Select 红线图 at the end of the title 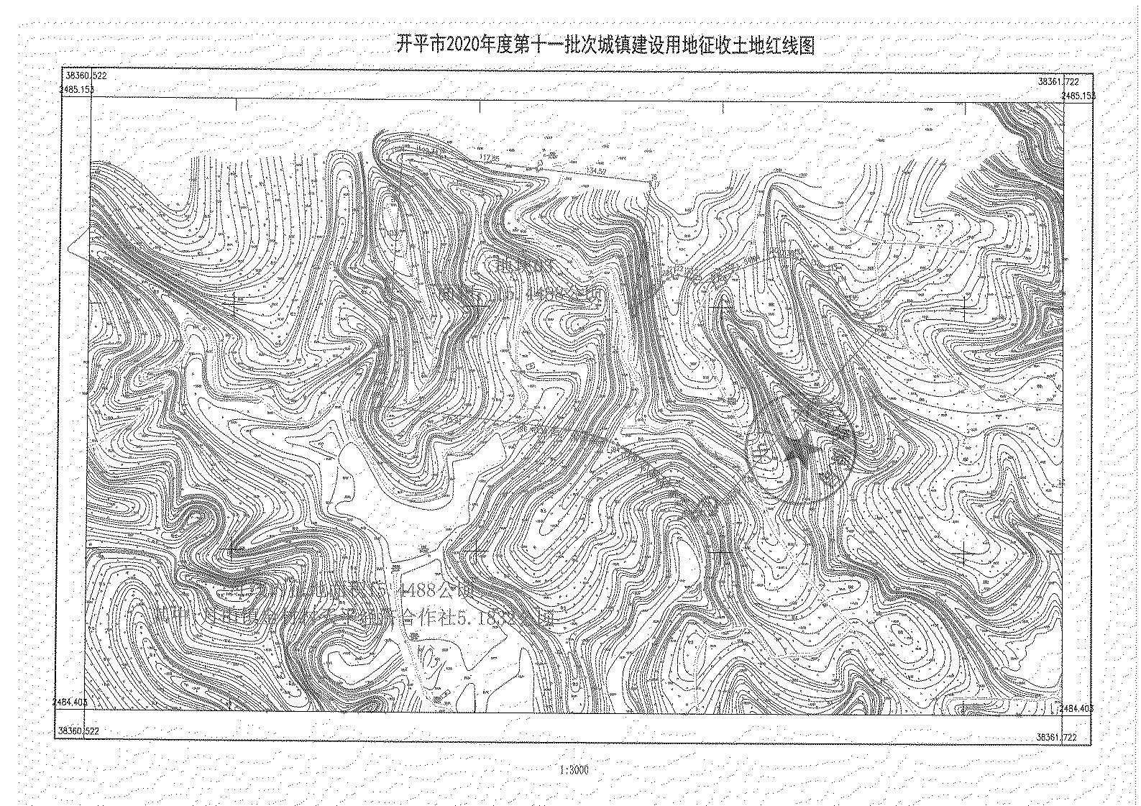click(x=794, y=46)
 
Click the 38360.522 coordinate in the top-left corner click(x=85, y=75)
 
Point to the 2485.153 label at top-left click(x=76, y=90)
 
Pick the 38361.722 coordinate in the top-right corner click(x=1058, y=82)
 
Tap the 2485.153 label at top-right click(x=1078, y=96)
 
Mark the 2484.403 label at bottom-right click(x=1076, y=708)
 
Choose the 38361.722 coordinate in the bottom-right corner click(x=1056, y=737)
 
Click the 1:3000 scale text click(x=573, y=770)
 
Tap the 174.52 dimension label click(x=596, y=170)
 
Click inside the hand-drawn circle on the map click(x=800, y=453)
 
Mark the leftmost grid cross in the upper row click(x=233, y=307)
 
